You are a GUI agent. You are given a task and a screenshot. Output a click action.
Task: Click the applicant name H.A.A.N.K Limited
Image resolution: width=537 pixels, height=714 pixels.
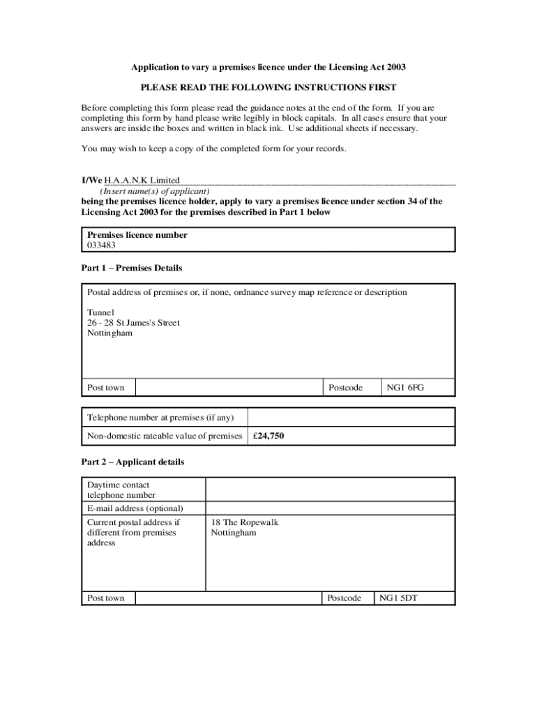pyautogui.click(x=142, y=180)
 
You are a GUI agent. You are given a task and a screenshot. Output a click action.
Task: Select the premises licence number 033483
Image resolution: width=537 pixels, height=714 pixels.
pyautogui.click(x=102, y=245)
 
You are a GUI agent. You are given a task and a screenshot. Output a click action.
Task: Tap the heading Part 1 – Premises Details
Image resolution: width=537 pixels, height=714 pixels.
pyautogui.click(x=132, y=268)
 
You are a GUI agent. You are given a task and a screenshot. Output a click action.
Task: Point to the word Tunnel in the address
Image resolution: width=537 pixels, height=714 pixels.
pyautogui.click(x=100, y=312)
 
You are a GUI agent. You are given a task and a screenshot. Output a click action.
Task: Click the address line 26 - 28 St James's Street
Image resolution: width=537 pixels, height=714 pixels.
pyautogui.click(x=133, y=323)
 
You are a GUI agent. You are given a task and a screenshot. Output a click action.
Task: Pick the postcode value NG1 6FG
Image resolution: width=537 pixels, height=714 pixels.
pyautogui.click(x=406, y=388)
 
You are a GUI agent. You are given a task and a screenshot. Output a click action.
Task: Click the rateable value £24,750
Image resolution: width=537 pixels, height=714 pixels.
pyautogui.click(x=268, y=436)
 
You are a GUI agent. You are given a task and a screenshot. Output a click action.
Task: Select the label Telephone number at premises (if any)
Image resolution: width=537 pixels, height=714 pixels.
pyautogui.click(x=160, y=418)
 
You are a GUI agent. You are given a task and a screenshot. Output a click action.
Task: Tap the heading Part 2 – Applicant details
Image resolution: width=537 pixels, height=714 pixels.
pyautogui.click(x=133, y=462)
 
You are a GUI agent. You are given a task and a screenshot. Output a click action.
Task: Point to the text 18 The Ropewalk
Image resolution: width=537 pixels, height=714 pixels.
pyautogui.click(x=244, y=522)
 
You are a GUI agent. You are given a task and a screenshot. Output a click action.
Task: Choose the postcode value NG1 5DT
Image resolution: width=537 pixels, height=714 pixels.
pyautogui.click(x=398, y=598)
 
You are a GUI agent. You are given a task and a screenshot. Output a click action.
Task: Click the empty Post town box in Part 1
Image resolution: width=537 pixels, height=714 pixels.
pyautogui.click(x=228, y=388)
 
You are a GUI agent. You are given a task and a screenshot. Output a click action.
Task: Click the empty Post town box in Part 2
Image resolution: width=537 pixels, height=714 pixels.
pyautogui.click(x=228, y=598)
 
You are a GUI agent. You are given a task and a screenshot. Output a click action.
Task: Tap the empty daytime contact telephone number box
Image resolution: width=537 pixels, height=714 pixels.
pyautogui.click(x=330, y=489)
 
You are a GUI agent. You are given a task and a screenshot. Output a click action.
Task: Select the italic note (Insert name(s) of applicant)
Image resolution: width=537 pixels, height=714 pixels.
pyautogui.click(x=155, y=190)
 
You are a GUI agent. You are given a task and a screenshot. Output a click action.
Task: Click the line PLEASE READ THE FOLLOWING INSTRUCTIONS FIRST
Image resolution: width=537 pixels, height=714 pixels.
pyautogui.click(x=268, y=87)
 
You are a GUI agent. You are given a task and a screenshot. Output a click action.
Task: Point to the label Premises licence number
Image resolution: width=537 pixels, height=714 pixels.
pyautogui.click(x=137, y=235)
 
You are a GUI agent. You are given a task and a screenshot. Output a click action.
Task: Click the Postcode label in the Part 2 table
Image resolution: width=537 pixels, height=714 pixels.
pyautogui.click(x=345, y=598)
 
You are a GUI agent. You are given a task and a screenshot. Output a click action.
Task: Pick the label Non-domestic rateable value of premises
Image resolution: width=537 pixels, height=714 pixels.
pyautogui.click(x=164, y=436)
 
